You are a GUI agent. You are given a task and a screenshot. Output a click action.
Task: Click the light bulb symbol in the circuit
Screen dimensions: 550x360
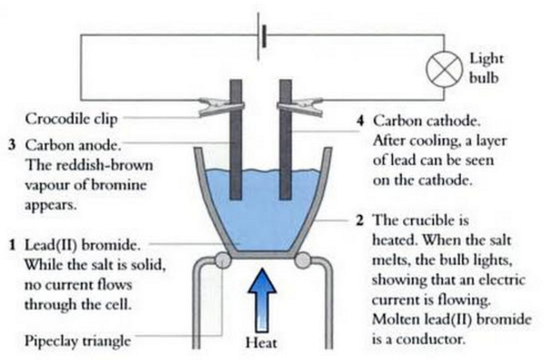[444, 68]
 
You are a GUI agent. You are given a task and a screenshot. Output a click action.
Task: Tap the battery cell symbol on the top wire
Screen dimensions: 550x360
[261, 36]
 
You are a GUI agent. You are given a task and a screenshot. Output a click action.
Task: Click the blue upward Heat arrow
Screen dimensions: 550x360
[262, 300]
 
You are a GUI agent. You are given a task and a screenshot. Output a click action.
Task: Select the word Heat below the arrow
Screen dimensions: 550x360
[261, 343]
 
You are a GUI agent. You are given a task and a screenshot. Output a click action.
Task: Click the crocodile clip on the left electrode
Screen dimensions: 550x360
[221, 107]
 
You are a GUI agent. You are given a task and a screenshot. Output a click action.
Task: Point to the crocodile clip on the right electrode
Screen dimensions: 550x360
[300, 107]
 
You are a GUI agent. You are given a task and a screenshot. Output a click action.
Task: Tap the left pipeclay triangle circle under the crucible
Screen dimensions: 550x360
[222, 260]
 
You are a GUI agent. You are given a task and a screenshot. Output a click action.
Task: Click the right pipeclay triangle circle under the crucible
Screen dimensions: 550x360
[303, 260]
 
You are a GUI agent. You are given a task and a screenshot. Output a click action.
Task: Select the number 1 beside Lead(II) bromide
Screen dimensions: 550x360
[13, 245]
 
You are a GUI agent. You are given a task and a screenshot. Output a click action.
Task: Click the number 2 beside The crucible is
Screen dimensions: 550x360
[360, 220]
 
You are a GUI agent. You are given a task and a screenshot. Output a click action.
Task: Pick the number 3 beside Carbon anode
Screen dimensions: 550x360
[13, 145]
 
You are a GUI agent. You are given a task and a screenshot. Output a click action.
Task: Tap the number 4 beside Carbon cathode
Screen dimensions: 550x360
[360, 121]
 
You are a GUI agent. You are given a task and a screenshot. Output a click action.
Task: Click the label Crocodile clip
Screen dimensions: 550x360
[71, 119]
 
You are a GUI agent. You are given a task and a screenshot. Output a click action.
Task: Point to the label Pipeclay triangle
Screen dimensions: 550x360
[77, 341]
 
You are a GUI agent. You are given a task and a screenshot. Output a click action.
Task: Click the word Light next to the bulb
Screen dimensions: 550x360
[486, 59]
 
